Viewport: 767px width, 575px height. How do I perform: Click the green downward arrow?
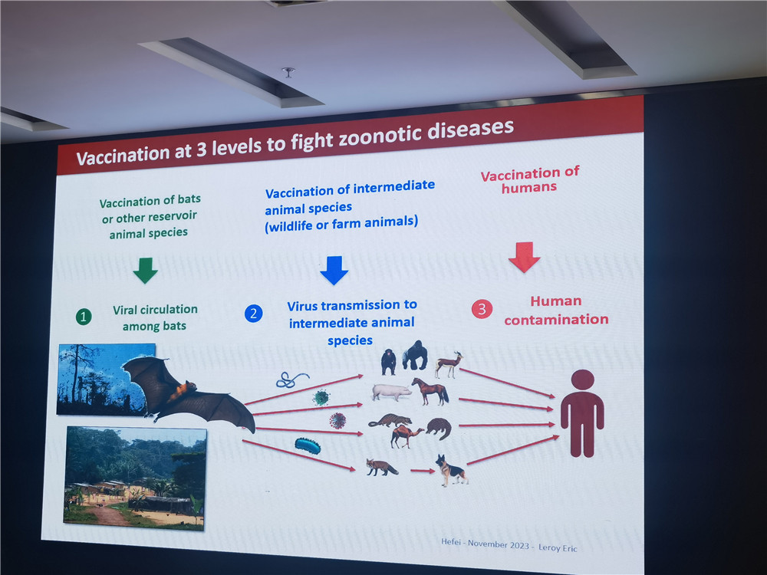[x=145, y=271]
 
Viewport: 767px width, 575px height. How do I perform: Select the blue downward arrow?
[x=334, y=270]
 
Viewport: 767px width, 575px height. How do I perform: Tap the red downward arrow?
[x=525, y=257]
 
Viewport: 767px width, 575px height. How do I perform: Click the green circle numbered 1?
[x=84, y=317]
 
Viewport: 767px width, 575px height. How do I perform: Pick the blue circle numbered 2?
[x=253, y=314]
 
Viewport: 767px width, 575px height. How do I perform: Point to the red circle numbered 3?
[x=482, y=309]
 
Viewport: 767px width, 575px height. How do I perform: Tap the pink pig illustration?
[x=391, y=392]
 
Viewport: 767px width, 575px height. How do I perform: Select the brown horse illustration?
[x=430, y=392]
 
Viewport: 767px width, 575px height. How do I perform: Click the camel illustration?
[x=407, y=436]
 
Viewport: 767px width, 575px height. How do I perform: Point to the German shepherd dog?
[x=452, y=470]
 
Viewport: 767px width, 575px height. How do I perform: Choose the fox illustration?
[x=381, y=468]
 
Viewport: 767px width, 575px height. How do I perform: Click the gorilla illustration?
[x=415, y=355]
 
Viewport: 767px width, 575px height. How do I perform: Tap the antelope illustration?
[x=449, y=365]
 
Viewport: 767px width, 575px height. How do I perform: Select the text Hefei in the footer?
[x=450, y=542]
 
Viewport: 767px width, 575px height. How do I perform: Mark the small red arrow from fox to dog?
[x=422, y=471]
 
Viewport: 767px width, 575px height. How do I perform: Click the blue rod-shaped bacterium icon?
[x=308, y=445]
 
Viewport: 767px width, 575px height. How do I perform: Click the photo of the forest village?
[x=135, y=478]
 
